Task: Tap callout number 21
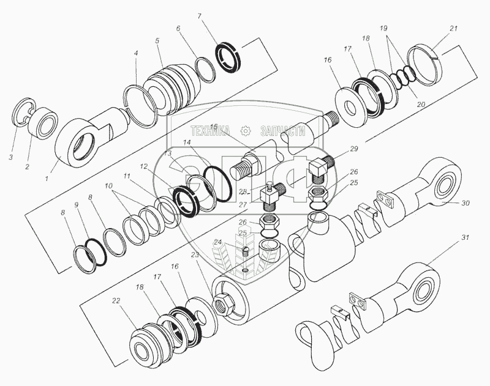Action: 453,29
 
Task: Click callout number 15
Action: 214,127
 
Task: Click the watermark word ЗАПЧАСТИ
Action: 282,130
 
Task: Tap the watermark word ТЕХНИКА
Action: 210,130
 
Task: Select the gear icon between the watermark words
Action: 246,130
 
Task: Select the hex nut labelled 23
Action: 222,302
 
